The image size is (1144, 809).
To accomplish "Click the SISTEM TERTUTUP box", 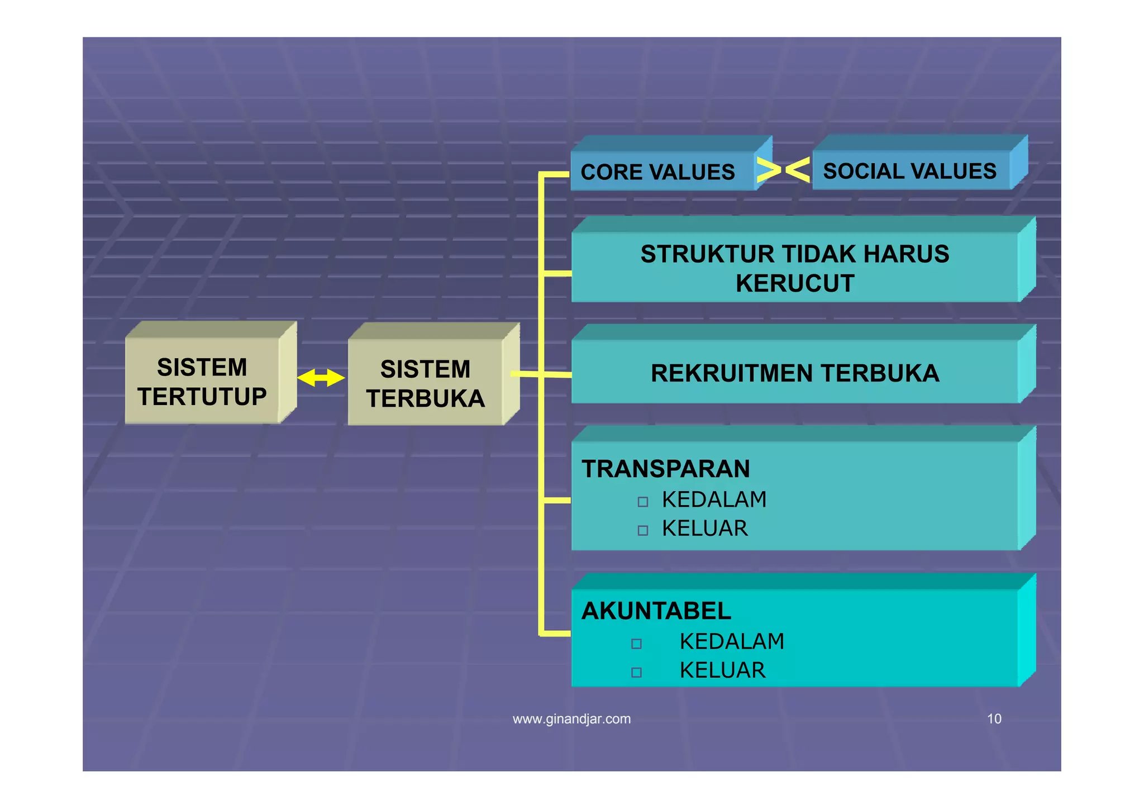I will click(x=202, y=382).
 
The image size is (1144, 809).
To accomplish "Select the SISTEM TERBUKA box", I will click(x=426, y=383).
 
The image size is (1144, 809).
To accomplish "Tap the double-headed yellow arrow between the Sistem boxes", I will click(x=321, y=378).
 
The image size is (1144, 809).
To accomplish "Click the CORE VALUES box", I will click(x=658, y=172).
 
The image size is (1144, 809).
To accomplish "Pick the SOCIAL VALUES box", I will click(x=909, y=171).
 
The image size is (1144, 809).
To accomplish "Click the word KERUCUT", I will click(x=795, y=283).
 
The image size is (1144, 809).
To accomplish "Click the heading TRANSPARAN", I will click(x=666, y=469).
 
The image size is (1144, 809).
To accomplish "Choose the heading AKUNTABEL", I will click(x=656, y=611).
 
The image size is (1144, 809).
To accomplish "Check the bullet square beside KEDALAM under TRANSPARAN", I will click(x=643, y=502).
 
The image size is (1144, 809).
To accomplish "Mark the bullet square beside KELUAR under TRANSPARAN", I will click(x=643, y=530).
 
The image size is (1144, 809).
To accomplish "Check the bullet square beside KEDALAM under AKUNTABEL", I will click(x=636, y=644).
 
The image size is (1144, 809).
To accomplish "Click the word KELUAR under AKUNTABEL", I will click(x=722, y=670).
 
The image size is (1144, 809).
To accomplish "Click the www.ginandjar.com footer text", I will click(x=571, y=719).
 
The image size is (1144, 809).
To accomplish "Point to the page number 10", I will click(x=994, y=719).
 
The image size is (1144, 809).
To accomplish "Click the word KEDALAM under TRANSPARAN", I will click(x=714, y=499).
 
